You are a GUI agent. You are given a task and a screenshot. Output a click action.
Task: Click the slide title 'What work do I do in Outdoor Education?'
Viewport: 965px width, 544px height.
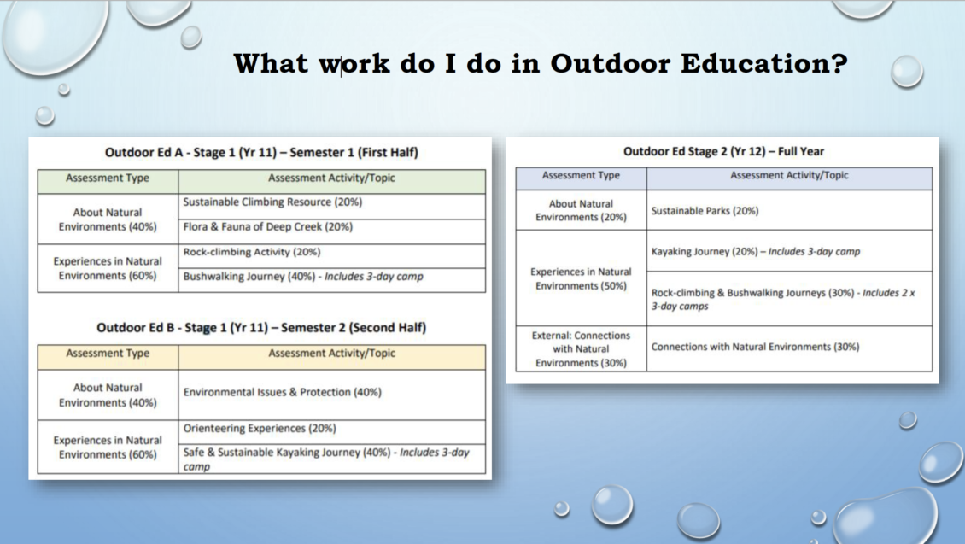pos(540,64)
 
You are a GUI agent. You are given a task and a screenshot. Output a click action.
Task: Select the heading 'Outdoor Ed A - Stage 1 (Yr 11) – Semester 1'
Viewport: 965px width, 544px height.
pos(261,153)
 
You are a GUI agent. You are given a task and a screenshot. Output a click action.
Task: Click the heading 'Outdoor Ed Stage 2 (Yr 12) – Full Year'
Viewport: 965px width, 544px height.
pos(723,152)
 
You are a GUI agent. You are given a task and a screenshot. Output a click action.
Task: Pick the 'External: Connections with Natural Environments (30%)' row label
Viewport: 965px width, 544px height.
pos(581,348)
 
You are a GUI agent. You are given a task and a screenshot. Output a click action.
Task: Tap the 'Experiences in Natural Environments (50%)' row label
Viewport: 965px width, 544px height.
pos(581,278)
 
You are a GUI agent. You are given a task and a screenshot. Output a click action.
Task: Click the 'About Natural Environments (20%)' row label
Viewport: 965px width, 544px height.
pos(581,210)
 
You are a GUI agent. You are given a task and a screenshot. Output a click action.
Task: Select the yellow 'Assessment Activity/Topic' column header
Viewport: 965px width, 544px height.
pos(331,354)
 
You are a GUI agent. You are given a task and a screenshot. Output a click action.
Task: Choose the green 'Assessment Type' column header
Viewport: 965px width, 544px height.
pos(108,178)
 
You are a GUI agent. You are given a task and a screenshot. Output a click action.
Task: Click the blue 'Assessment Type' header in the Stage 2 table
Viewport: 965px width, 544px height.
pos(581,175)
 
